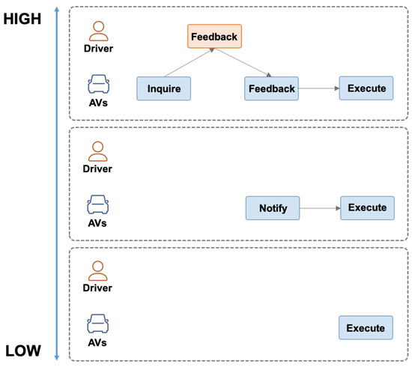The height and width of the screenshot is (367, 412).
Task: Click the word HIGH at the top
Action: (x=25, y=19)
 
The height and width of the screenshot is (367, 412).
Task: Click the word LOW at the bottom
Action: (x=25, y=351)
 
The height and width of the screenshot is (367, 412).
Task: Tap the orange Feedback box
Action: (x=213, y=36)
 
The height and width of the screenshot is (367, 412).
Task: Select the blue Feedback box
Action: (x=271, y=88)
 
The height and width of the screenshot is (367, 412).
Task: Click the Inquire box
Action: (x=163, y=88)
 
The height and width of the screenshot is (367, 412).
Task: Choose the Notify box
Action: (x=273, y=208)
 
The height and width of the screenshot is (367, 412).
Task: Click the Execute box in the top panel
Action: (x=366, y=88)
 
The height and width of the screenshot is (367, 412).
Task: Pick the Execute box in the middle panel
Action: (x=367, y=207)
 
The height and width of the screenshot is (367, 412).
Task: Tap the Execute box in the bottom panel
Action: (x=366, y=327)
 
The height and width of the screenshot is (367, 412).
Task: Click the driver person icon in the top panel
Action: (x=98, y=31)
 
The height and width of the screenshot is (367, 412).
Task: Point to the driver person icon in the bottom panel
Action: (x=98, y=270)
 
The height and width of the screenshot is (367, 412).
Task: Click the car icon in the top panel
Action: (x=98, y=83)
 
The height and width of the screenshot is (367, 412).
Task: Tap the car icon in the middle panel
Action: (x=98, y=203)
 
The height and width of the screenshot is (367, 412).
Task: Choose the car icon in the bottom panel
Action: (x=98, y=323)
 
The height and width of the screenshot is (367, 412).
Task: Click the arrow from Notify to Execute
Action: (x=320, y=208)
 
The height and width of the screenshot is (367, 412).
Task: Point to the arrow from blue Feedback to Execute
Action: (x=318, y=88)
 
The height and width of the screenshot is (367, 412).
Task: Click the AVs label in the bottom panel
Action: (x=98, y=342)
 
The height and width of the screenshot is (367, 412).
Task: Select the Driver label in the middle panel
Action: (x=98, y=169)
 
